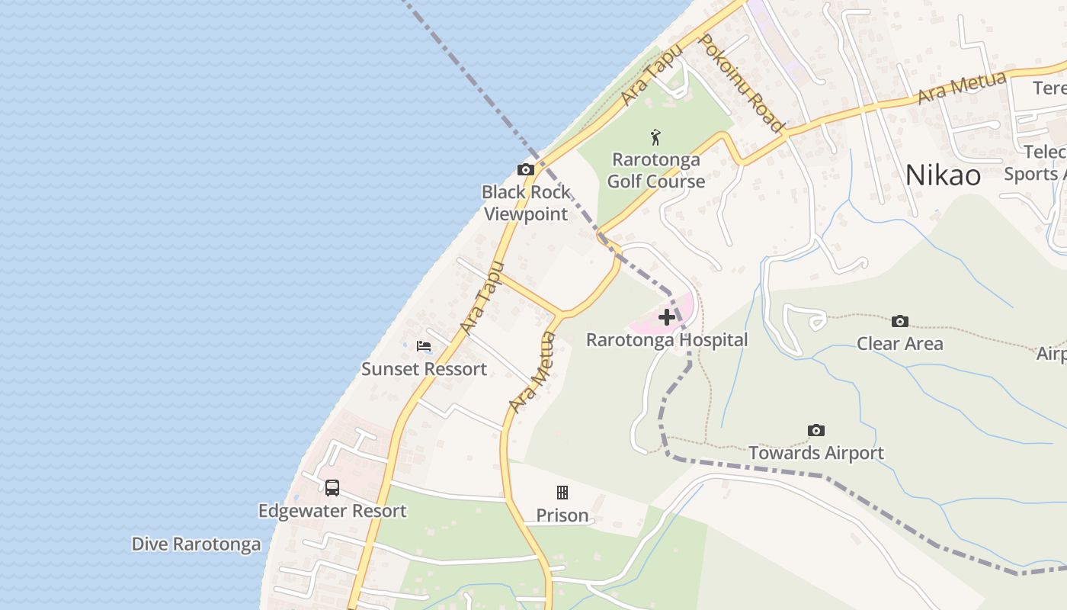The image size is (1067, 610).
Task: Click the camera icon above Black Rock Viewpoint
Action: click(x=526, y=169)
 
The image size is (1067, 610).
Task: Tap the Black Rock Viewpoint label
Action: click(x=526, y=203)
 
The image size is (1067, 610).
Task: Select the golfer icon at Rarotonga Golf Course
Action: click(x=655, y=138)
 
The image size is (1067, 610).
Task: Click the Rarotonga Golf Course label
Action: click(x=656, y=171)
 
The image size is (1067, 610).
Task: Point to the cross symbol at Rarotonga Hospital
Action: click(x=666, y=316)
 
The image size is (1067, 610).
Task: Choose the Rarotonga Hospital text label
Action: click(x=667, y=340)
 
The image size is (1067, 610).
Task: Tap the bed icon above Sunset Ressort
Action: click(x=424, y=346)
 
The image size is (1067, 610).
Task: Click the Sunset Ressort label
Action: click(x=424, y=369)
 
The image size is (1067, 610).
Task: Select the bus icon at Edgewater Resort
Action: click(x=332, y=488)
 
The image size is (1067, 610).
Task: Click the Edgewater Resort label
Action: click(x=332, y=511)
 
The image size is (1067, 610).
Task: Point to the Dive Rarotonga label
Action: click(x=196, y=544)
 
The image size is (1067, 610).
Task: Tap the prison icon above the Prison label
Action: click(x=562, y=493)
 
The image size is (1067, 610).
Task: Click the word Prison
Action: click(x=562, y=515)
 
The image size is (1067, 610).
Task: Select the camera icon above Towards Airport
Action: click(x=816, y=431)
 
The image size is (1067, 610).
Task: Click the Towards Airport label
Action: click(x=816, y=453)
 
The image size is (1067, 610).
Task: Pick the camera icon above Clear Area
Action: click(x=900, y=321)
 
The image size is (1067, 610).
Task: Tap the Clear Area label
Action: click(x=900, y=344)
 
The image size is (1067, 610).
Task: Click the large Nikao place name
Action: click(x=943, y=175)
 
